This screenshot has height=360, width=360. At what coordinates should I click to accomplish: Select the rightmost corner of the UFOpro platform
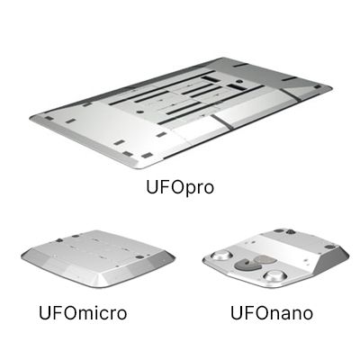pos(329,87)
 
